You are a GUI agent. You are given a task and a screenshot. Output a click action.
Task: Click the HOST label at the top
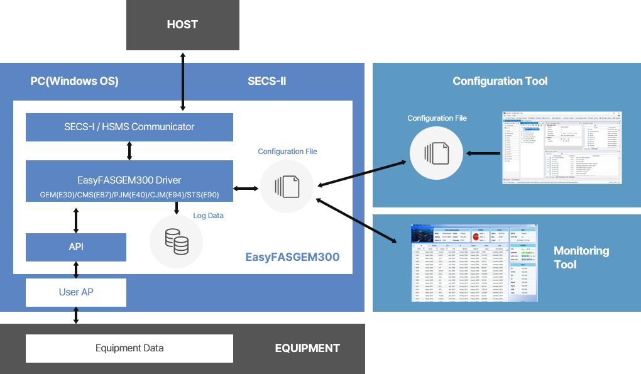pyautogui.click(x=182, y=25)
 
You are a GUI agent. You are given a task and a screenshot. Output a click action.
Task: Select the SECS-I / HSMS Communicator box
pyautogui.click(x=129, y=127)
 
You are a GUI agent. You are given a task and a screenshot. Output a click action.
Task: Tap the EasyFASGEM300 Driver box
pyautogui.click(x=129, y=181)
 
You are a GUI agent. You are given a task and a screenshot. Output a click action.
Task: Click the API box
pyautogui.click(x=76, y=247)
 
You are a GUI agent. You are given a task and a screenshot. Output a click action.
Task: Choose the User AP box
pyautogui.click(x=76, y=292)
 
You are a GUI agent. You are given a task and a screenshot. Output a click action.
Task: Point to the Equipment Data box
pyautogui.click(x=129, y=348)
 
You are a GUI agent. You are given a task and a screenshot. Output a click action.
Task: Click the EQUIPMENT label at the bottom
pyautogui.click(x=307, y=348)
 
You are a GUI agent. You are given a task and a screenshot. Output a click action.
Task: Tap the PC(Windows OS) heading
pyautogui.click(x=74, y=81)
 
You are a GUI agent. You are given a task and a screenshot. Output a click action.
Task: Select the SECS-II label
pyautogui.click(x=266, y=81)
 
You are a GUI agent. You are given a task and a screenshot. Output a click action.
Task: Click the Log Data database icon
pyautogui.click(x=177, y=241)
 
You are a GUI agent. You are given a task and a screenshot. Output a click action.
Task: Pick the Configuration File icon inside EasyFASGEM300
pyautogui.click(x=287, y=187)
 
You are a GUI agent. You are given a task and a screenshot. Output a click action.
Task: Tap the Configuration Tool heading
pyautogui.click(x=500, y=81)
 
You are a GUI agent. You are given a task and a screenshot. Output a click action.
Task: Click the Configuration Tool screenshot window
pyautogui.click(x=562, y=148)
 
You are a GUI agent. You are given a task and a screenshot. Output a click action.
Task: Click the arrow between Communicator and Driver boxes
pyautogui.click(x=129, y=151)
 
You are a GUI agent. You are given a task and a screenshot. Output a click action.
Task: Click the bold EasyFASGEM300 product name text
pyautogui.click(x=292, y=257)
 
